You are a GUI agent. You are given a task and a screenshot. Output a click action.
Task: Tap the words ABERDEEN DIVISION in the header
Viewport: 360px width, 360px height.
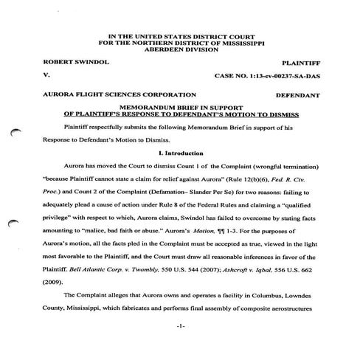click(179, 50)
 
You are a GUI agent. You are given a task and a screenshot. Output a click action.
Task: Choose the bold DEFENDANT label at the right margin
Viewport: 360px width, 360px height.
click(297, 96)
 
